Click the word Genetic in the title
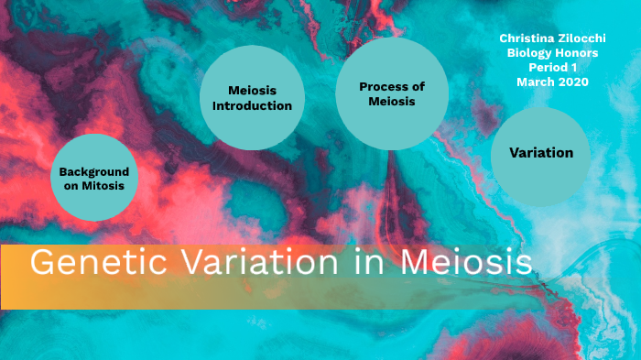(x=82, y=263)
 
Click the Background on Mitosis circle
(x=93, y=178)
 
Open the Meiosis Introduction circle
(x=252, y=97)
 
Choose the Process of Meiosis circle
(x=392, y=94)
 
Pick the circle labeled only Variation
(x=541, y=153)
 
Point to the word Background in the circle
(x=93, y=171)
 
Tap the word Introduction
(x=252, y=105)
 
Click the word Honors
(x=577, y=52)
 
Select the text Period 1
(x=551, y=67)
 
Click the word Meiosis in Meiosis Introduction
(x=252, y=90)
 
